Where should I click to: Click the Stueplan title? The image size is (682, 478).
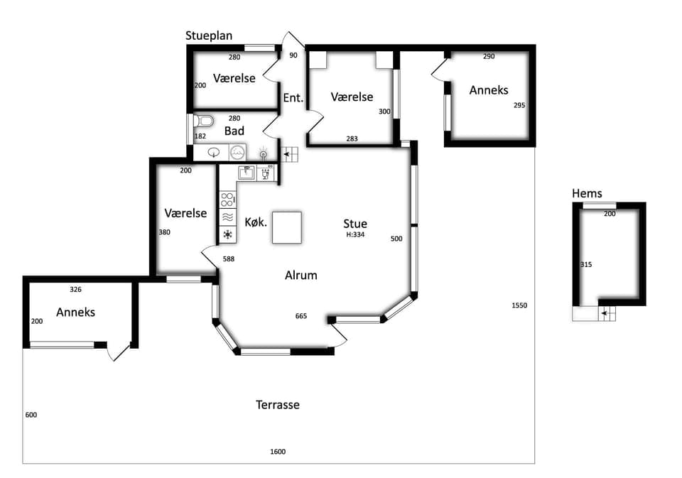click(209, 36)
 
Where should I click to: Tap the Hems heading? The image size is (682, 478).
click(587, 194)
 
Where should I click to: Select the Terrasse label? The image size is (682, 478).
click(278, 405)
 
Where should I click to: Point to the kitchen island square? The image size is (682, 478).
click(287, 227)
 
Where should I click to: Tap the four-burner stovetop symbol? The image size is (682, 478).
click(227, 200)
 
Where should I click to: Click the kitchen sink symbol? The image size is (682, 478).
click(247, 173)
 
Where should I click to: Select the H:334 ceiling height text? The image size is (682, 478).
click(355, 234)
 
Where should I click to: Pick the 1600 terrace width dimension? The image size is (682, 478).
click(278, 452)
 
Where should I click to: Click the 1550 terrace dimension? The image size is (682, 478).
click(519, 305)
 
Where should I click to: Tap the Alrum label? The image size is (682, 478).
click(301, 276)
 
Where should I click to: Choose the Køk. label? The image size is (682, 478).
click(256, 222)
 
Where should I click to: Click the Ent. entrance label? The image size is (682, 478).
click(293, 98)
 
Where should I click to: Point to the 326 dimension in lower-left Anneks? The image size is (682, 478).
click(76, 289)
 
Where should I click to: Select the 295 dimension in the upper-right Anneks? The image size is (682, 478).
click(519, 105)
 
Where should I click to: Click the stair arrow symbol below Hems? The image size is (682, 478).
click(606, 313)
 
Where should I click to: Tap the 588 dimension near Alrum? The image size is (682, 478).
click(229, 259)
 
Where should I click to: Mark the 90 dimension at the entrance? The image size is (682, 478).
click(293, 55)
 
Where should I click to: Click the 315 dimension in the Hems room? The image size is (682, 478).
click(586, 264)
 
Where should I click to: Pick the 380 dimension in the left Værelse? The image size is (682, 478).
click(164, 232)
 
